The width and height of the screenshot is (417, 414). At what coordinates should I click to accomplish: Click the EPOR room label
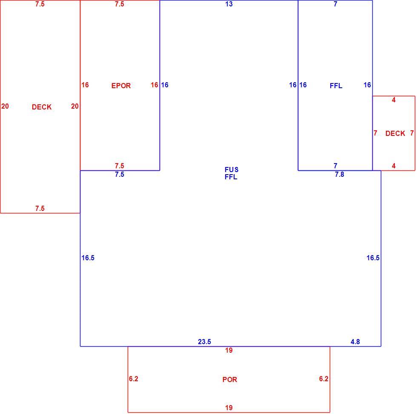(x=121, y=86)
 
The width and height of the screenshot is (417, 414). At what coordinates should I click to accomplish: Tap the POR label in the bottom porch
(x=230, y=379)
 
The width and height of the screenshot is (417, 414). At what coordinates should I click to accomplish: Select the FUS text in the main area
(x=231, y=170)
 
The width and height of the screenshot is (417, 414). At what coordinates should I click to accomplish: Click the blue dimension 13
(x=229, y=4)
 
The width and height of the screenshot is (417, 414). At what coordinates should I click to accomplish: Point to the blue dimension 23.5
(x=205, y=342)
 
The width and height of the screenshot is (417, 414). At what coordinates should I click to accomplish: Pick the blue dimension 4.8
(x=355, y=342)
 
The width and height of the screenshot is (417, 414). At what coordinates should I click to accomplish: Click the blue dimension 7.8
(x=340, y=174)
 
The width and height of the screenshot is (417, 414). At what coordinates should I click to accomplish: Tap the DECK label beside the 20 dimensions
(x=42, y=107)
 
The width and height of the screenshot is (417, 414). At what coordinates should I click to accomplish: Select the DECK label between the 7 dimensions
(x=395, y=133)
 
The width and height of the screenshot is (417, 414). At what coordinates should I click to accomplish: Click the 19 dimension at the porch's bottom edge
(x=229, y=408)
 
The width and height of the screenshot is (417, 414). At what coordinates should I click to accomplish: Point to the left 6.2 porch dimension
(x=134, y=379)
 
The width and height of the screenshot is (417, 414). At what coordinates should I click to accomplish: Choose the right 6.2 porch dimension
(x=324, y=379)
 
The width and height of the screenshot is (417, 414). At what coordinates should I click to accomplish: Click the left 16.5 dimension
(x=88, y=258)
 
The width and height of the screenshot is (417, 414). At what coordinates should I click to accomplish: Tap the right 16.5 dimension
(x=373, y=258)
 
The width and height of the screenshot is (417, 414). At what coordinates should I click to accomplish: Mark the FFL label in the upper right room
(x=336, y=86)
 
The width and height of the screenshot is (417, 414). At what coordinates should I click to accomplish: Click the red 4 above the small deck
(x=394, y=100)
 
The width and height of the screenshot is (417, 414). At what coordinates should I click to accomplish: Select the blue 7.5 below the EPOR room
(x=120, y=174)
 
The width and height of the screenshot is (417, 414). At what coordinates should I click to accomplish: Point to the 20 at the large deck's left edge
(x=5, y=106)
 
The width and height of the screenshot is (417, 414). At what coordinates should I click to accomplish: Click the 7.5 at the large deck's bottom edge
(x=40, y=208)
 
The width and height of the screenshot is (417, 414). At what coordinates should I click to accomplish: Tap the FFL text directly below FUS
(x=231, y=177)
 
